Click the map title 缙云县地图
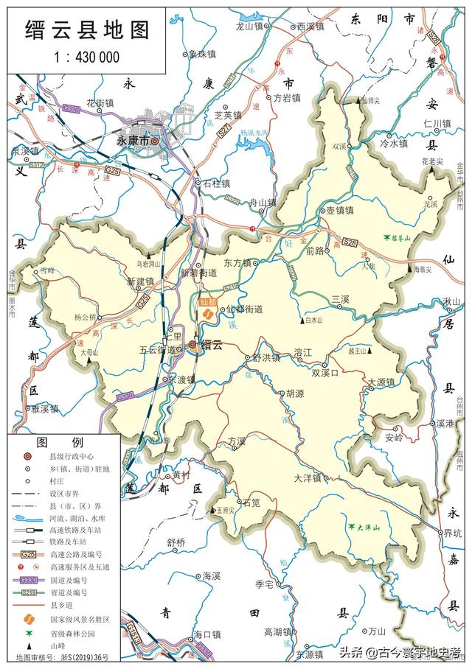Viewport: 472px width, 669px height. (x=88, y=29)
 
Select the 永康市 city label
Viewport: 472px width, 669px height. (x=133, y=140)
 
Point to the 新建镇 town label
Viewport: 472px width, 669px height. (x=139, y=281)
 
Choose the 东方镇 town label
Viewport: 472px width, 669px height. (x=238, y=262)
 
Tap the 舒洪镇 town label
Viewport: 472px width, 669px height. (x=266, y=357)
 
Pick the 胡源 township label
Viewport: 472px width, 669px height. (x=295, y=393)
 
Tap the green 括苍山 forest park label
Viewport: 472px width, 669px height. (x=400, y=238)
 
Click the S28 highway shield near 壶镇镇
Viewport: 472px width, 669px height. (x=351, y=242)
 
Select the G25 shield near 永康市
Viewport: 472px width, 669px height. (x=111, y=169)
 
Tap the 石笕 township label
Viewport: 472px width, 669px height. (x=251, y=504)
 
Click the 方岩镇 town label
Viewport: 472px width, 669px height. (x=287, y=98)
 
